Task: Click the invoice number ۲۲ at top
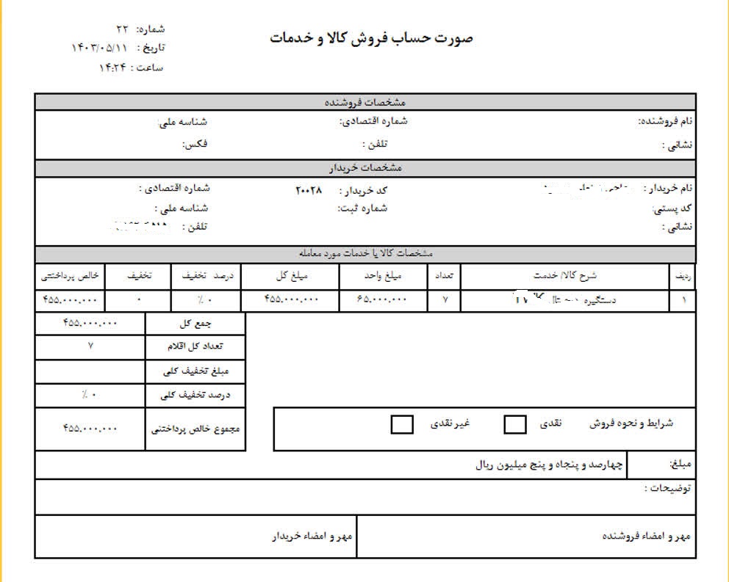coord(122,29)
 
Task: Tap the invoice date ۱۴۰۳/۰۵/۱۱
coord(98,48)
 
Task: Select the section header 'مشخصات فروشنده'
coord(364,102)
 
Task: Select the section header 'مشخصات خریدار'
coord(364,168)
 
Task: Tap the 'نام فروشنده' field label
coord(665,121)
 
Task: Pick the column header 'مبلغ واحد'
coord(383,276)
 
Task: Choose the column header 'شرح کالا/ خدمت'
coord(564,276)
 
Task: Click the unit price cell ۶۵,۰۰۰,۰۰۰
coord(382,300)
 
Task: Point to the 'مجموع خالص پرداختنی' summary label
coord(196,429)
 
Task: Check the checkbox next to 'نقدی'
coord(516,424)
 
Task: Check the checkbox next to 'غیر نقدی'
coord(402,424)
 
